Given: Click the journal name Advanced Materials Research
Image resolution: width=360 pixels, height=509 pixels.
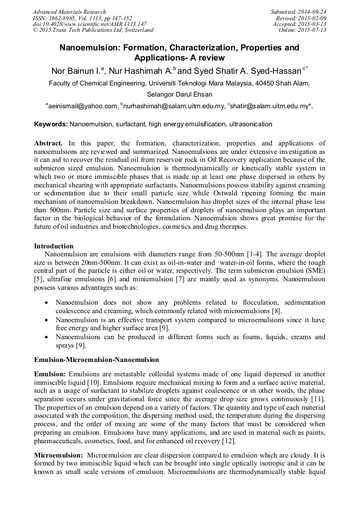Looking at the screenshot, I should [x=69, y=12].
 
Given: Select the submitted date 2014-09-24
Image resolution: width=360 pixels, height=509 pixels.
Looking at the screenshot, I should [x=312, y=12].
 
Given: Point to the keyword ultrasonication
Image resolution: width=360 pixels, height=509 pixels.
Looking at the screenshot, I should [x=248, y=124].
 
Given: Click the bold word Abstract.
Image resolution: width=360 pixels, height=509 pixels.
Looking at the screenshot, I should [x=48, y=143].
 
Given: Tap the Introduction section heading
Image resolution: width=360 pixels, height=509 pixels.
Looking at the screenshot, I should [x=54, y=246].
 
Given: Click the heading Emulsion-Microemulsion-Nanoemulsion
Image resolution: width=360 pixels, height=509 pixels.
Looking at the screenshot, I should [x=96, y=359].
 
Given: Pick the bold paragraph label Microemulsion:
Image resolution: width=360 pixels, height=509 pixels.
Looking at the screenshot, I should [x=58, y=455].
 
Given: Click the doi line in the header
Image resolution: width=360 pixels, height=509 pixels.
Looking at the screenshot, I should [x=82, y=24].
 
